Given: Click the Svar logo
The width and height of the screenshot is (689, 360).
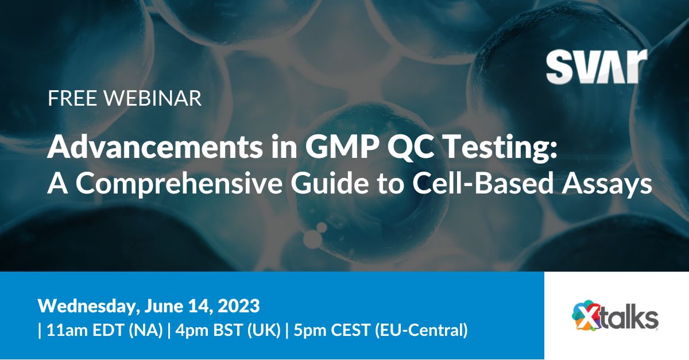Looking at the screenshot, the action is [x=597, y=67].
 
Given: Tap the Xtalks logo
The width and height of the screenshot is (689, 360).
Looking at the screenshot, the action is [x=615, y=315].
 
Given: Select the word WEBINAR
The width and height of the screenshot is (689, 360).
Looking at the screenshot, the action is [x=152, y=98].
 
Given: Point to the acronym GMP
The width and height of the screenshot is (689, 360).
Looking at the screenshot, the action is [x=342, y=147].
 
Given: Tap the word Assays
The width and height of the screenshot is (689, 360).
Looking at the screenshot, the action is [x=607, y=185].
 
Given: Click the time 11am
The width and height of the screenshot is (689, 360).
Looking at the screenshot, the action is [x=67, y=331].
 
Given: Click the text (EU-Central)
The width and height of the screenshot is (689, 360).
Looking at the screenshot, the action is [x=421, y=331].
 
